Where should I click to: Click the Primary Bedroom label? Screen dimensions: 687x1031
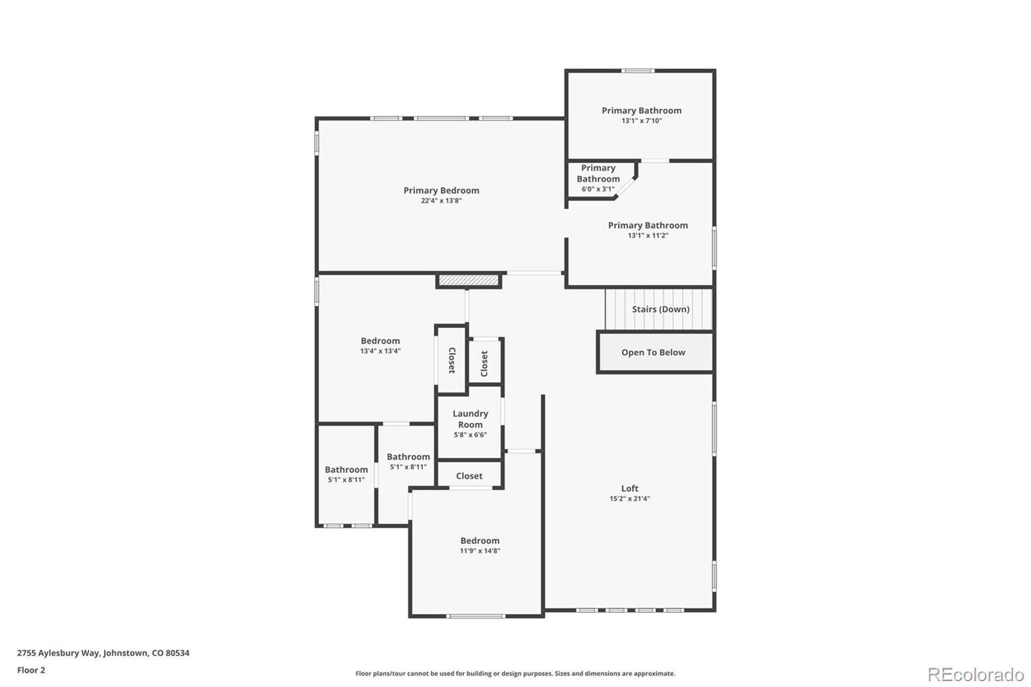coord(441,190)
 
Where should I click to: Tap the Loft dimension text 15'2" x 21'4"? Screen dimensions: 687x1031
coord(630,499)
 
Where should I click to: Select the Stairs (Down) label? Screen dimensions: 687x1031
coord(660,309)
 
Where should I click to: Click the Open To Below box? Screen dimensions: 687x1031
coord(654,353)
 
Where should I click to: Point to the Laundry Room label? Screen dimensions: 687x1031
coord(470,419)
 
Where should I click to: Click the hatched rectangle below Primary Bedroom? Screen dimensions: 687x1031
coord(468,280)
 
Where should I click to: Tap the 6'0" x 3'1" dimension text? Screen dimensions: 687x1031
coord(598,189)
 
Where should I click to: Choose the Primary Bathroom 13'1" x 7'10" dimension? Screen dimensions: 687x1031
coord(641,121)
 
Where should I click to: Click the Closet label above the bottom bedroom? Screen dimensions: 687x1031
coord(469,476)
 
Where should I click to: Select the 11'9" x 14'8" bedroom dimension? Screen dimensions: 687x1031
coord(480,551)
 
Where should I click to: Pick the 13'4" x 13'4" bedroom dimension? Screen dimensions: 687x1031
coord(380,351)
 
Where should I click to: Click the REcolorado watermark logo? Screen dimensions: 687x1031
coord(976,675)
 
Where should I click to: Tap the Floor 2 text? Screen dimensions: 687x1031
coord(31,670)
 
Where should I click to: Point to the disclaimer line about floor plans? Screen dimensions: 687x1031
coord(515,673)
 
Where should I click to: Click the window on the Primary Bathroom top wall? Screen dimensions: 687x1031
coord(638,71)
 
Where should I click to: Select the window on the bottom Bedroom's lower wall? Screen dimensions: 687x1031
coord(476,617)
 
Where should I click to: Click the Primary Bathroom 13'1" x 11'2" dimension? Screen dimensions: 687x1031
coord(648,236)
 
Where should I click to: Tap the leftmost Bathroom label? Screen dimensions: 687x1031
coord(346,470)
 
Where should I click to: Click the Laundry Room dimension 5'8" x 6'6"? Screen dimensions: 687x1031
coord(470,435)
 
